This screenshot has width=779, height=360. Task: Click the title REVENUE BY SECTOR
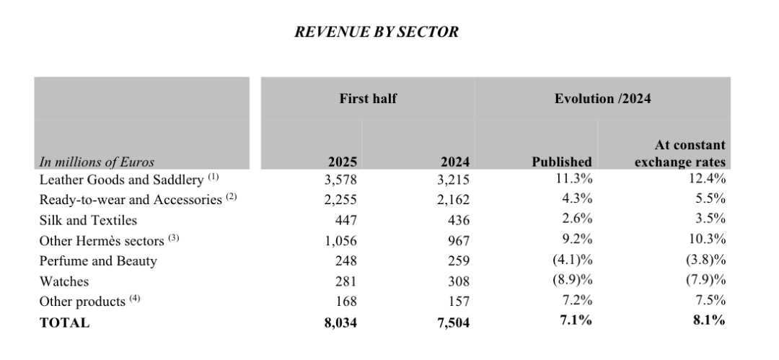click(377, 32)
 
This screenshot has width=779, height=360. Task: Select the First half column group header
click(368, 99)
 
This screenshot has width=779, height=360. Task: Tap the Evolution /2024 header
click(602, 99)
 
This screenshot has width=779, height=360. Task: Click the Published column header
click(562, 162)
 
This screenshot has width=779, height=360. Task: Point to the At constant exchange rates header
click(680, 154)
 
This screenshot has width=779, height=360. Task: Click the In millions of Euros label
click(97, 162)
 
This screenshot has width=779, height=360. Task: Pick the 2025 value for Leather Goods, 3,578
click(341, 180)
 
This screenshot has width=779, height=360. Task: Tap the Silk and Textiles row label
click(88, 220)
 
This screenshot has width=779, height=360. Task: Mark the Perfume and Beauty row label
click(98, 261)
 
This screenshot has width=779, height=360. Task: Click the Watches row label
click(64, 281)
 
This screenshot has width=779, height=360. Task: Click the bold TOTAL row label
click(65, 322)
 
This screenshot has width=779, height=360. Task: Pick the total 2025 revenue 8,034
click(341, 322)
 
